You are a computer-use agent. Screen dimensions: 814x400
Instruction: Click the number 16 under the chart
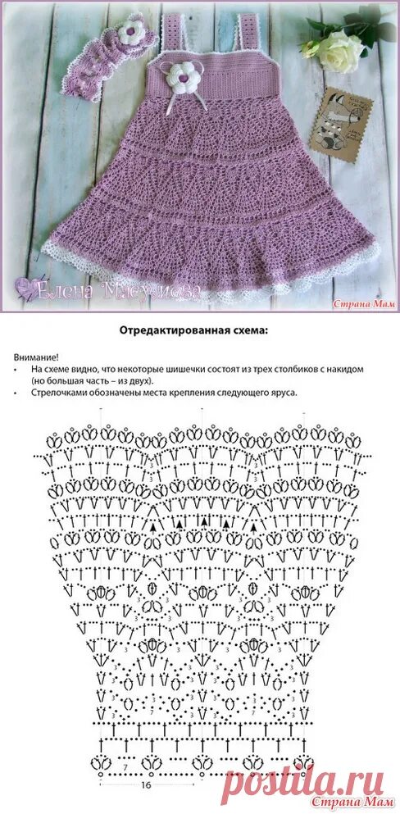point(145,784)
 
